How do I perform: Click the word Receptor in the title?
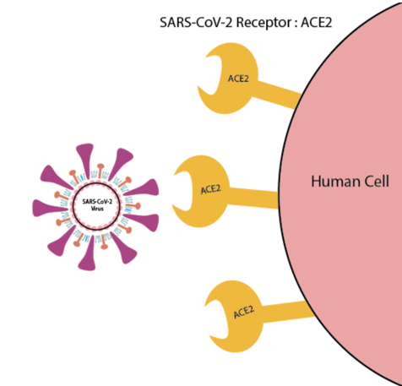tap(263, 23)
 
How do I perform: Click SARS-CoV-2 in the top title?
tap(196, 22)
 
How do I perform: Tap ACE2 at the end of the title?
tap(317, 22)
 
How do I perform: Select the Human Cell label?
tap(350, 181)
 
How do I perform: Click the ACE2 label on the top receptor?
tap(238, 79)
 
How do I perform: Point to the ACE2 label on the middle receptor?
tap(211, 189)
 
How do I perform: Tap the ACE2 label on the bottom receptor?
tap(244, 312)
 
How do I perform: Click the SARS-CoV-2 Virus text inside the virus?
tap(97, 205)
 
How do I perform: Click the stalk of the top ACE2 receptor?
tap(277, 95)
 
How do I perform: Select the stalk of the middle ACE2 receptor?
tap(253, 198)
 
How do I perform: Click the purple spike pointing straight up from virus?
tap(85, 160)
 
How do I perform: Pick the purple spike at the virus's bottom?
tap(88, 253)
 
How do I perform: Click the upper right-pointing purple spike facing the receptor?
tap(143, 188)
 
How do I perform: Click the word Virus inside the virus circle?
tap(97, 209)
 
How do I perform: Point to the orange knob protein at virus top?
tap(100, 171)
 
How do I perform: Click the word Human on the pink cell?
tap(335, 181)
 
